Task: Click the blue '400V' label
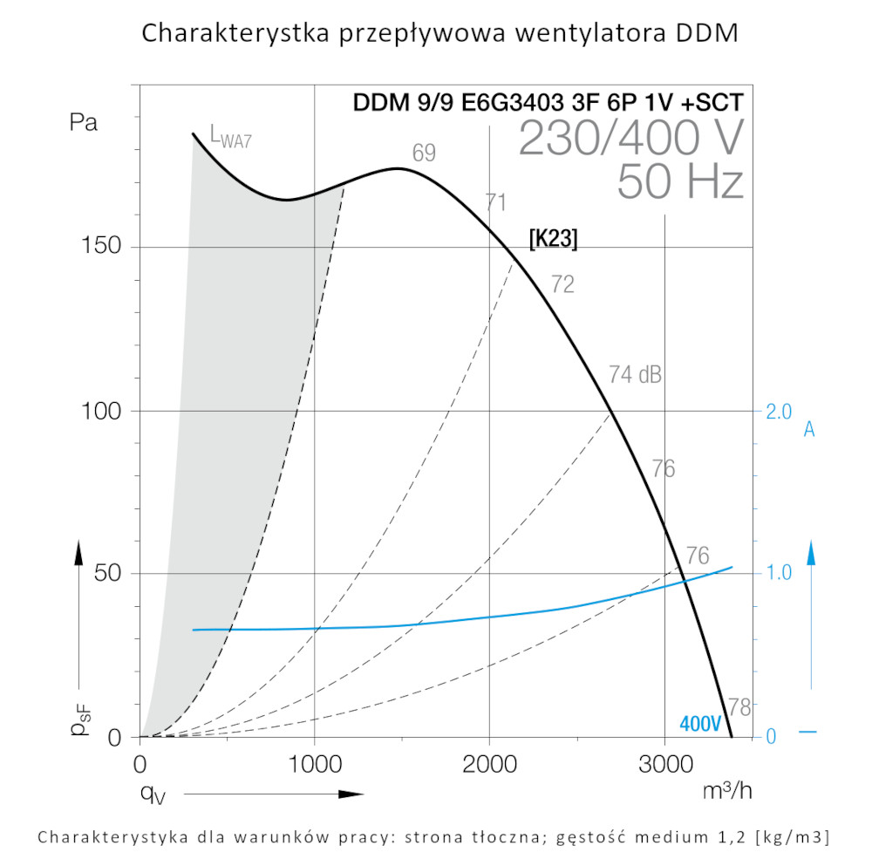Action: click(x=701, y=724)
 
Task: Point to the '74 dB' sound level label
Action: click(x=635, y=376)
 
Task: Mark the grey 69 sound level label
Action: click(x=424, y=153)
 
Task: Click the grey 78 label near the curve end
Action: click(x=739, y=706)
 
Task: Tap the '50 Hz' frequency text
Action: click(x=680, y=182)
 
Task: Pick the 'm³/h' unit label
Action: click(x=726, y=791)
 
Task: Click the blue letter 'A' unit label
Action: click(x=809, y=429)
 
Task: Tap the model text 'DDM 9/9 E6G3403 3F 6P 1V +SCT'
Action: click(x=548, y=102)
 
